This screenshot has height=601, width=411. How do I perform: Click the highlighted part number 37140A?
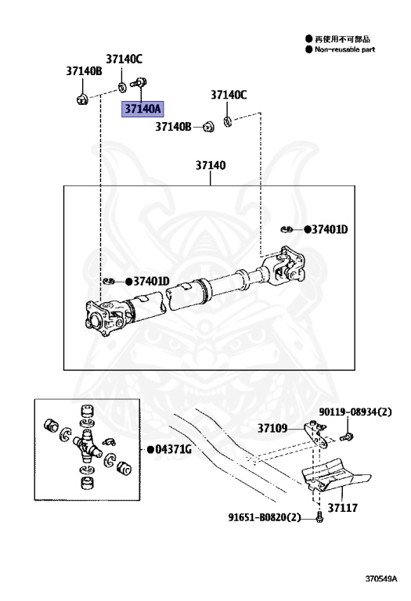click(142, 109)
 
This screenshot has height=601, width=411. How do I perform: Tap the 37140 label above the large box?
click(211, 166)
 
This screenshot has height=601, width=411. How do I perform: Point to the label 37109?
click(272, 428)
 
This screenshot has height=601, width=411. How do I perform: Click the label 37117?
click(342, 508)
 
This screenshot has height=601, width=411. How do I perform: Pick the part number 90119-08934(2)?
click(355, 412)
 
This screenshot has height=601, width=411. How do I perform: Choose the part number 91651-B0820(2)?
click(265, 517)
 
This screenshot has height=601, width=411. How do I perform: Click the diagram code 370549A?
click(380, 578)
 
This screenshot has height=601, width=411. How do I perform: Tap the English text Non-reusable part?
click(344, 49)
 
